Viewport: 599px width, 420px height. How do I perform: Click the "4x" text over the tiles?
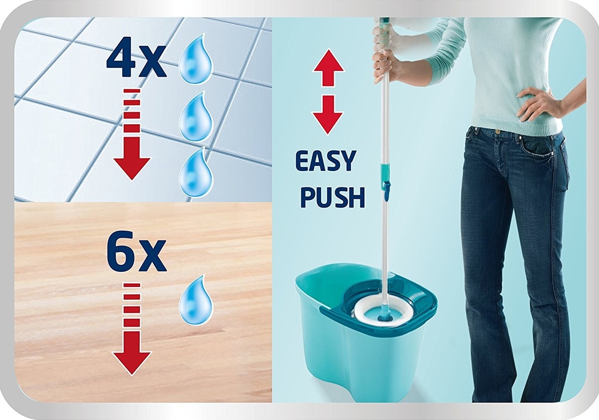(x=136, y=61)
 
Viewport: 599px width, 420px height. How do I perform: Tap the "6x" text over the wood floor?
(x=136, y=253)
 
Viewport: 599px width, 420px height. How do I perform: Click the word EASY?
(x=325, y=161)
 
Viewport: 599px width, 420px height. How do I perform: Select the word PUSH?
(x=332, y=196)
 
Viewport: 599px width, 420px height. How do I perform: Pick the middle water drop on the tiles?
(x=195, y=117)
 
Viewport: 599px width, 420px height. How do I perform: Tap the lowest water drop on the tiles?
(x=196, y=172)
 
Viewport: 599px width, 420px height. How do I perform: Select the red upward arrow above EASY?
(x=328, y=68)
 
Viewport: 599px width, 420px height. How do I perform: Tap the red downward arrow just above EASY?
(x=328, y=115)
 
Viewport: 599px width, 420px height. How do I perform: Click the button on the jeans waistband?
(x=497, y=132)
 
